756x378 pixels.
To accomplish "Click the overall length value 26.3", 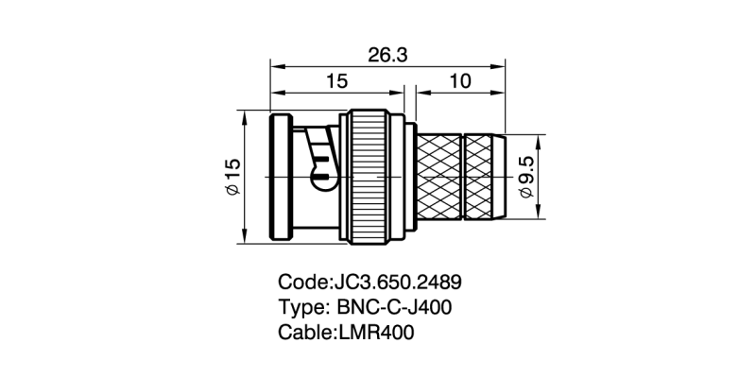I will point(387,56).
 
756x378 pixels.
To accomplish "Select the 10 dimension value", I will point(460,82).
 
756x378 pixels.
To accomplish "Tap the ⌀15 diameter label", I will point(233,177).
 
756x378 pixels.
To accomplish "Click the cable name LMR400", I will point(376,334).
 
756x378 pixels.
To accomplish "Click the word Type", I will point(300,308).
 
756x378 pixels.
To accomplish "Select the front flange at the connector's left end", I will point(281,177).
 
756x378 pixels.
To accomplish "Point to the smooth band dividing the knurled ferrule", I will point(463,177).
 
